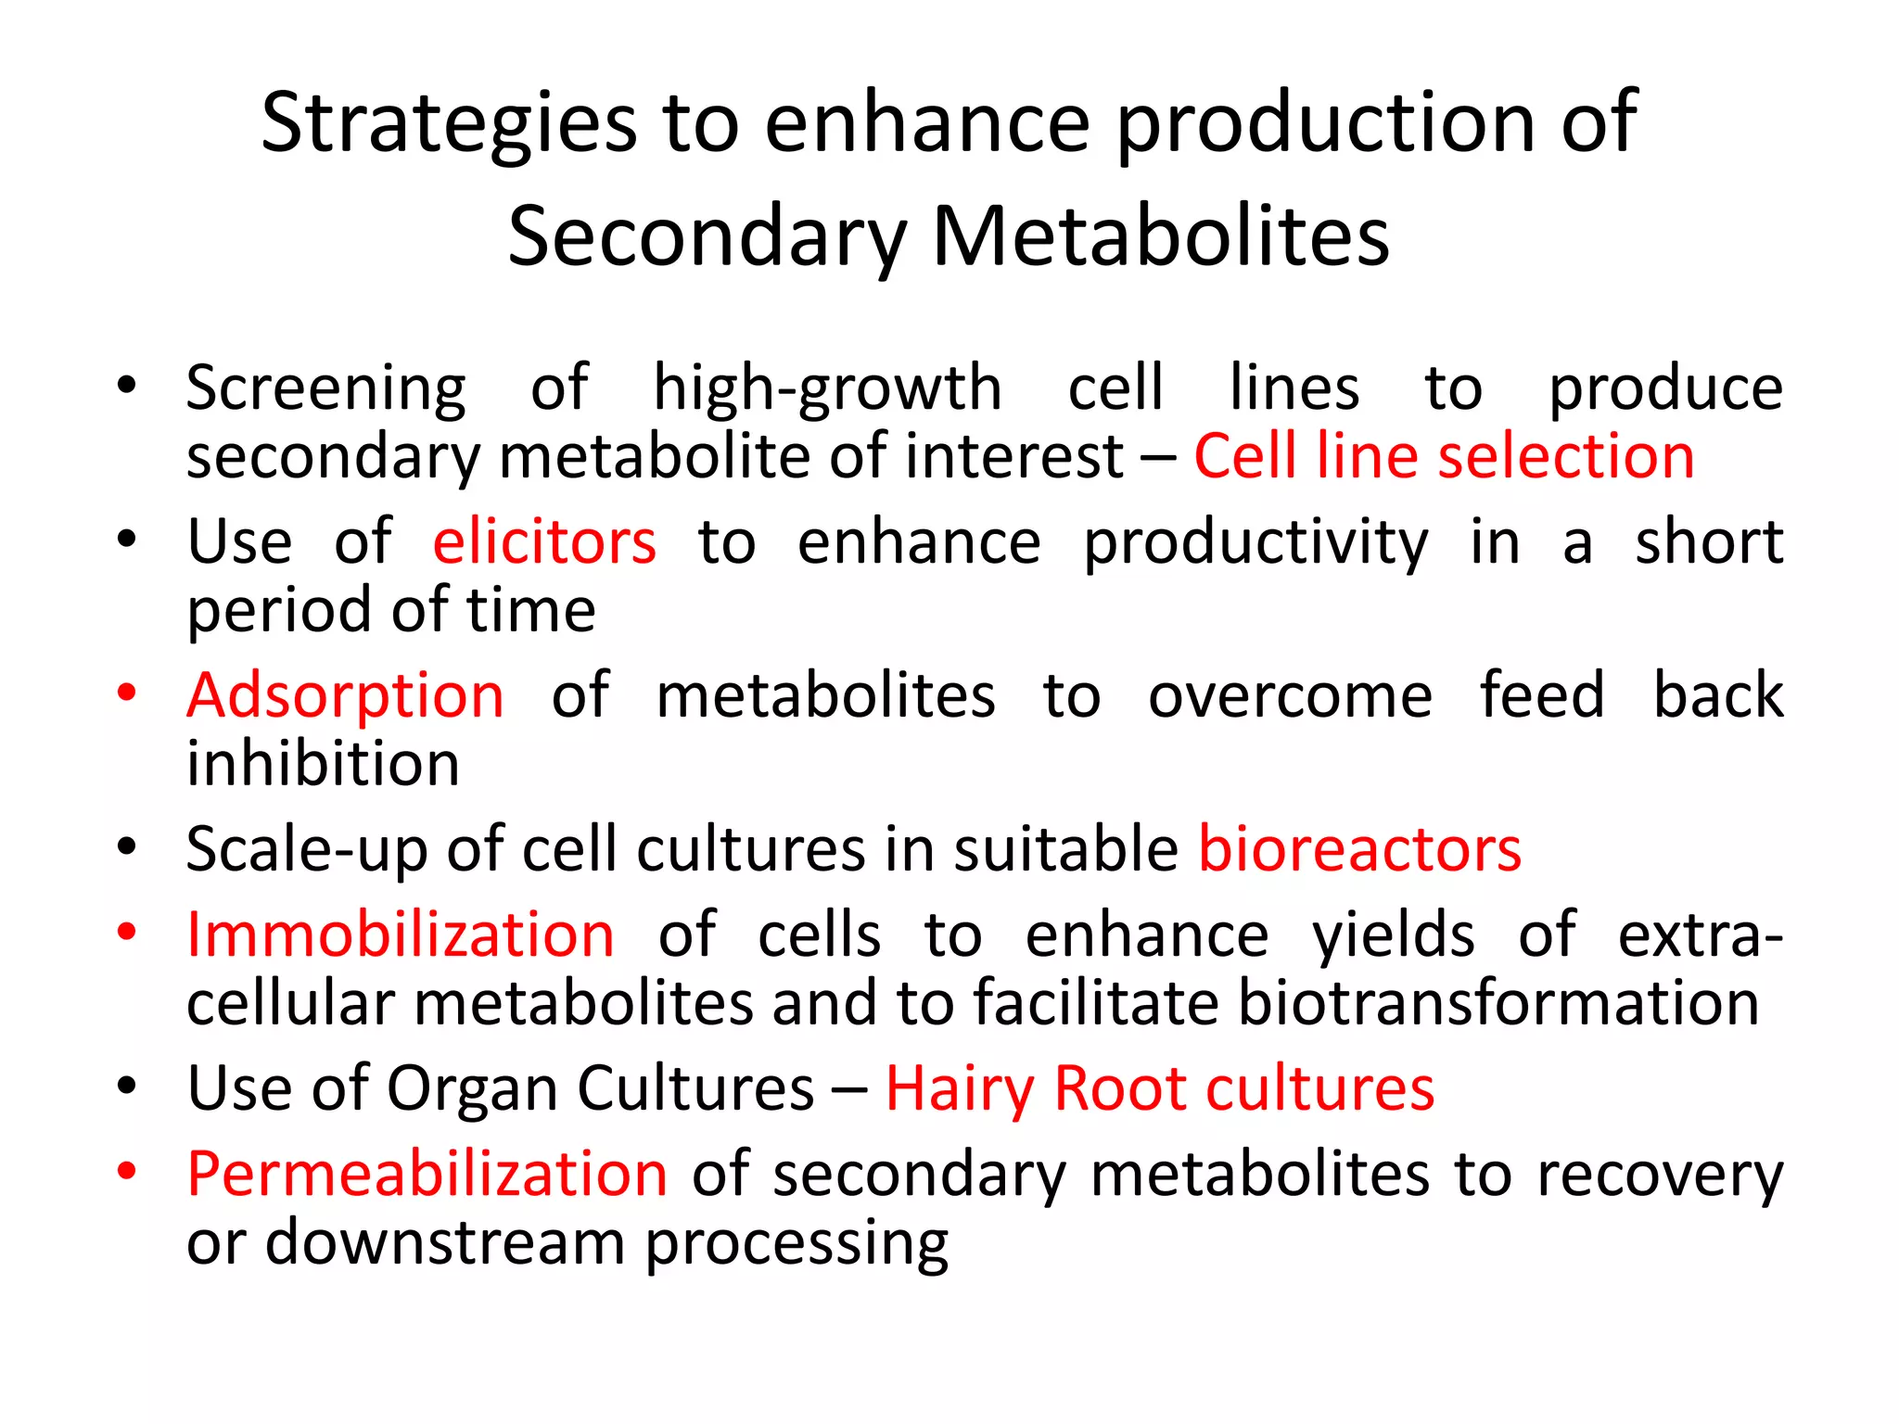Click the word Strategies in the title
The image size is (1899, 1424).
tap(449, 123)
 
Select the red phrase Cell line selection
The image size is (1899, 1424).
tap(1444, 456)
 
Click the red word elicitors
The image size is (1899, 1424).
tap(544, 542)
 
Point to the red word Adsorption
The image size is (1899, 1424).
tap(345, 695)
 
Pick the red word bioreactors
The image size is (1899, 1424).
tap(1359, 849)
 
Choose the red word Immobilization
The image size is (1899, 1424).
tap(400, 934)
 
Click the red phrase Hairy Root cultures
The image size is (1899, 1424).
tap(1159, 1088)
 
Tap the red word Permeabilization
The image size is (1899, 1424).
tap(427, 1175)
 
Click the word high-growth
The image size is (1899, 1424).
tap(827, 388)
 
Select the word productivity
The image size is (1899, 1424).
tap(1255, 542)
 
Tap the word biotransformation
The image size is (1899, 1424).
tap(1498, 1003)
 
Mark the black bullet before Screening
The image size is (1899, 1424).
tap(127, 385)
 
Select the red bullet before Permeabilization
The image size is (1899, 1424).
tap(127, 1171)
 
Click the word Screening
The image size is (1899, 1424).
tap(325, 388)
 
